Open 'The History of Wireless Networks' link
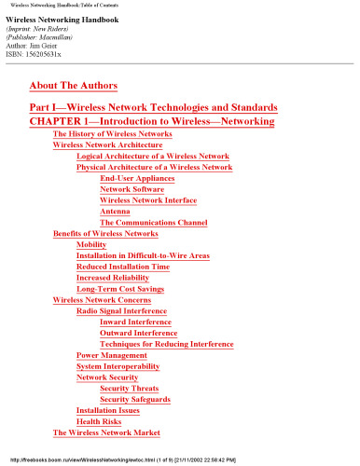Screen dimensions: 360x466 112,134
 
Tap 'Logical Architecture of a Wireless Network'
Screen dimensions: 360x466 152,157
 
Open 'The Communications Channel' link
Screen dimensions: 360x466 150,223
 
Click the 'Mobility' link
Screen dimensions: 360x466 91,244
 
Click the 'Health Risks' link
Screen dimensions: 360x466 102,422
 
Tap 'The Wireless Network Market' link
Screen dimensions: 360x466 106,433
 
